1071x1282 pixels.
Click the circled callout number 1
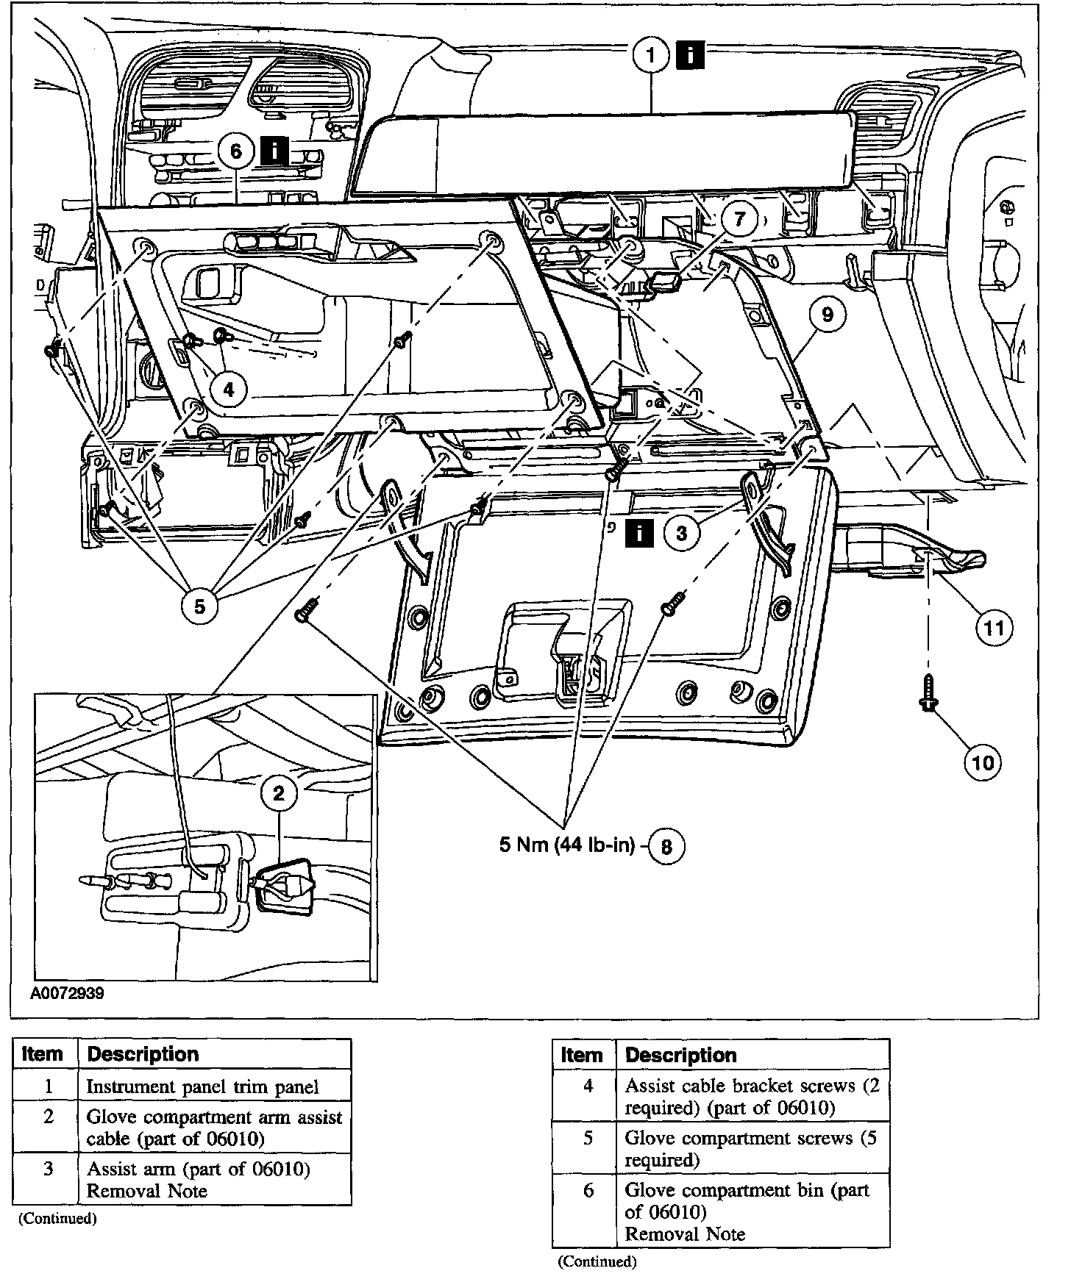pyautogui.click(x=650, y=56)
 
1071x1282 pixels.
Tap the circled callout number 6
pyautogui.click(x=235, y=151)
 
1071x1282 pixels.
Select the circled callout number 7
pyautogui.click(x=739, y=219)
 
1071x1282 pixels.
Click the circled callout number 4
pyautogui.click(x=228, y=389)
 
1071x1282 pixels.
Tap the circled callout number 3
pyautogui.click(x=682, y=533)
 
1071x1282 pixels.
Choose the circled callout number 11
pyautogui.click(x=994, y=628)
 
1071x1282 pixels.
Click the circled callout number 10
pyautogui.click(x=983, y=762)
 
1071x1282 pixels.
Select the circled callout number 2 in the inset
pyautogui.click(x=279, y=793)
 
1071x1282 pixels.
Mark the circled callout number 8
pyautogui.click(x=666, y=846)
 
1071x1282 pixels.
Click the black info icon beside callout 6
pyautogui.click(x=274, y=151)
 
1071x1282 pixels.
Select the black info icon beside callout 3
pyautogui.click(x=639, y=533)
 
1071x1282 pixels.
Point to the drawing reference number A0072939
pyautogui.click(x=67, y=993)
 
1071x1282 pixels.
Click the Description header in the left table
pyautogui.click(x=143, y=1054)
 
